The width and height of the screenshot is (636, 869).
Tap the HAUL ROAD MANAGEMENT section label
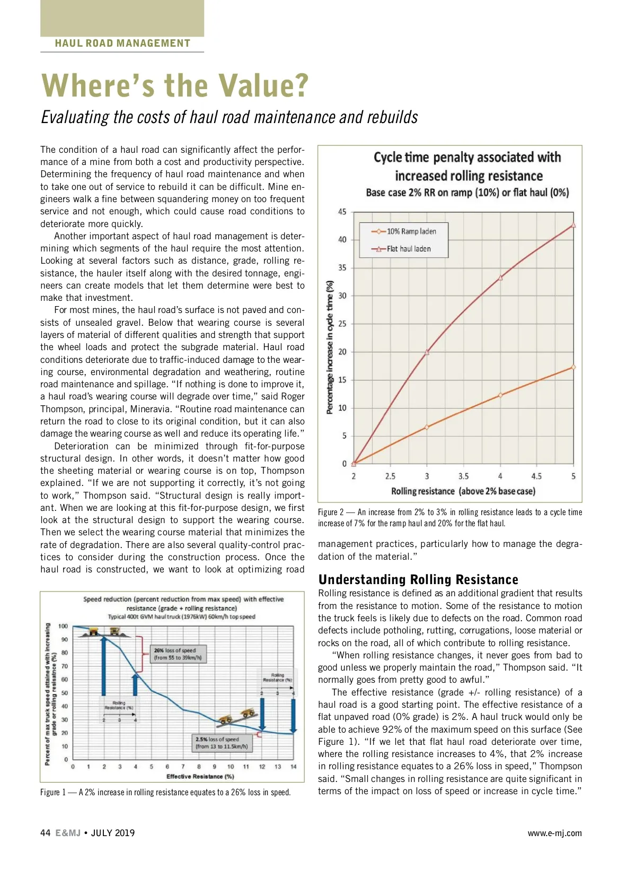click(122, 44)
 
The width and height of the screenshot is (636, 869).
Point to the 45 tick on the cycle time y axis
click(342, 212)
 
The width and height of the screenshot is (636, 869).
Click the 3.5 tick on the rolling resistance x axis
click(463, 476)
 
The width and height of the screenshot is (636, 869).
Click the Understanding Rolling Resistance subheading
click(418, 579)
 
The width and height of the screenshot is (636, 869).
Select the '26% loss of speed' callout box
click(178, 654)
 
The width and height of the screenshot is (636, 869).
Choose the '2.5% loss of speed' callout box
click(221, 743)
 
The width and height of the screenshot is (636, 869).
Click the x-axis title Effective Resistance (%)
click(200, 777)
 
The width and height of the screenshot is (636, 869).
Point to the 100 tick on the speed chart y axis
click(63, 627)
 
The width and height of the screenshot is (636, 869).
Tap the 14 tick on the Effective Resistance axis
click(293, 767)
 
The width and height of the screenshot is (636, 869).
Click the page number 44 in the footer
click(46, 833)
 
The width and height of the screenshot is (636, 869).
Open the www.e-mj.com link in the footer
click(554, 833)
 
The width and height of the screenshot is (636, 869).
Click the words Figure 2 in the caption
click(331, 512)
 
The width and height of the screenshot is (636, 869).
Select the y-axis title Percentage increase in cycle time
click(330, 347)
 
